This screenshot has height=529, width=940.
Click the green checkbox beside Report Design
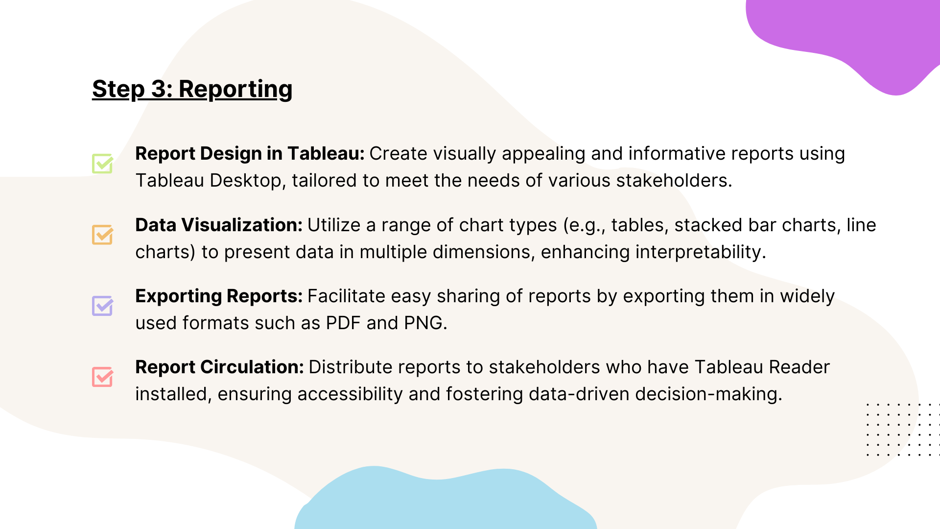[103, 163]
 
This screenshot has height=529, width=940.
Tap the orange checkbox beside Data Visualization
[103, 235]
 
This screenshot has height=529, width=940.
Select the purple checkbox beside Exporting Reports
[103, 306]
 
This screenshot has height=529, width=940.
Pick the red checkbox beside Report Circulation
[103, 377]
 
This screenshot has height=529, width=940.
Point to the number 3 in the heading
[159, 89]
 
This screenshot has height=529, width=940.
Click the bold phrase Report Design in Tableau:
[250, 154]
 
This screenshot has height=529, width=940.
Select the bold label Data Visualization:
[219, 225]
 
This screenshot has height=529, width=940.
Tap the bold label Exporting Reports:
[219, 296]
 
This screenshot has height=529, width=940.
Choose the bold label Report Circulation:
[219, 367]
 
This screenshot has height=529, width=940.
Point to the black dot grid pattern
[903, 430]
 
